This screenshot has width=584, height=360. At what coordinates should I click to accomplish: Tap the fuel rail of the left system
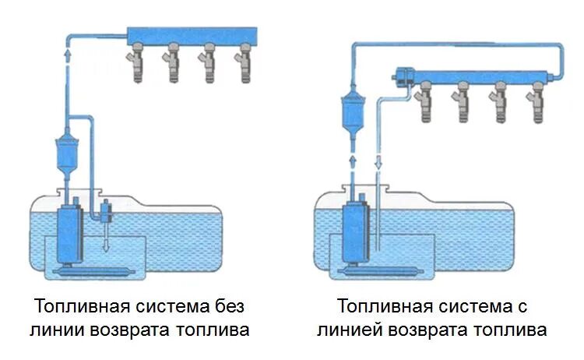191,36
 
